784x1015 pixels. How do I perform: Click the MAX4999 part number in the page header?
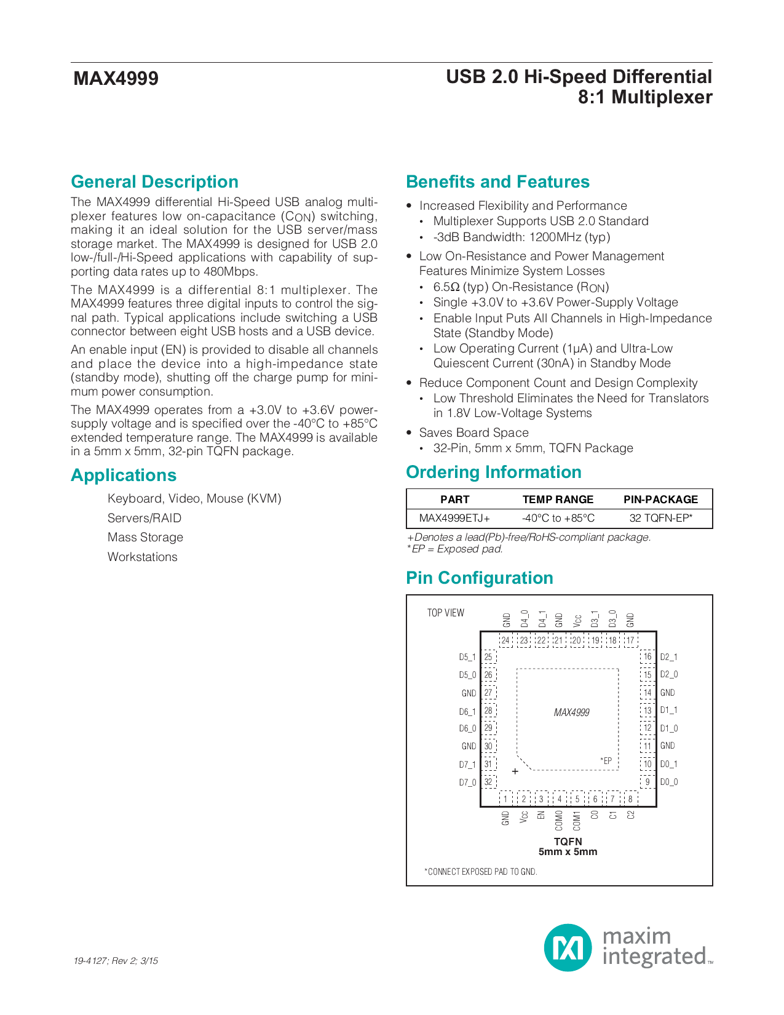(x=116, y=79)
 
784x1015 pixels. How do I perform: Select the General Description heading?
(x=154, y=182)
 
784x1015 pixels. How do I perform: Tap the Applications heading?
(x=124, y=476)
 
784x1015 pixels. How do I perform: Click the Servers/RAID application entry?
(x=145, y=518)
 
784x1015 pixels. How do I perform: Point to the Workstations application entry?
(x=143, y=557)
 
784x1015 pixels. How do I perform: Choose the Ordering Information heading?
(x=493, y=472)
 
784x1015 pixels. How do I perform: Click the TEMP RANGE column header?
(x=558, y=500)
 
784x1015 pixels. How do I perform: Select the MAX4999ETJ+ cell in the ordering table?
(x=454, y=518)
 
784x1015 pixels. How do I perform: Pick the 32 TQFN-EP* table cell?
(x=660, y=518)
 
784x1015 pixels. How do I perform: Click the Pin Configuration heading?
(x=479, y=578)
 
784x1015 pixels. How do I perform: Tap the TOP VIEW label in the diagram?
(x=446, y=613)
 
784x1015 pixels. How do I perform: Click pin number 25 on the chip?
(x=488, y=657)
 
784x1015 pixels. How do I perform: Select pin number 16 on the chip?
(x=647, y=657)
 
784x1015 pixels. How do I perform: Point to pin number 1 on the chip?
(x=505, y=799)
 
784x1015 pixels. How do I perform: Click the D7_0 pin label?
(x=467, y=782)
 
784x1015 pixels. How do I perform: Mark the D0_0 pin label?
(x=669, y=782)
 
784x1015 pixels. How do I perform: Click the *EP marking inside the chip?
(x=606, y=761)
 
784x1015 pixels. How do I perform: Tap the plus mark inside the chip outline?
(x=515, y=771)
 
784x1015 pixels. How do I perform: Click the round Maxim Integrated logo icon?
(x=568, y=948)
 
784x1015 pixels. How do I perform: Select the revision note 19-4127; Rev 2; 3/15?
(x=116, y=961)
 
